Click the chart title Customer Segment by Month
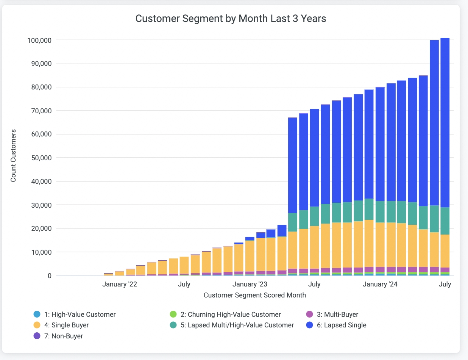point(231,19)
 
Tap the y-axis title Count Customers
point(13,156)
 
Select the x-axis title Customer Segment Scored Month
point(254,295)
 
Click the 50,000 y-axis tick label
point(41,158)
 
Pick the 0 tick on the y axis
point(49,276)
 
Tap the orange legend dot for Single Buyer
point(37,325)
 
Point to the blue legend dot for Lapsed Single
point(309,325)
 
